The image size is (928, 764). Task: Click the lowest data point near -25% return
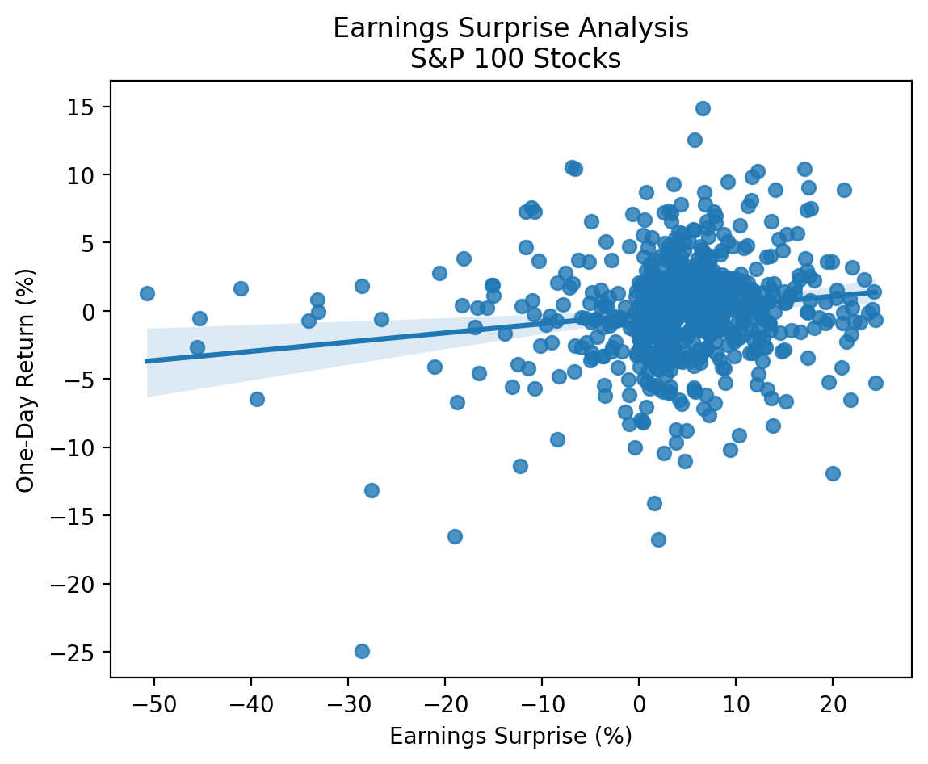tap(362, 651)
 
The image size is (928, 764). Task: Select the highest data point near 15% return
tap(703, 108)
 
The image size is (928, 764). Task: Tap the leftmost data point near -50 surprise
tap(147, 293)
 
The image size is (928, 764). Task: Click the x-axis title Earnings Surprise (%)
tap(510, 737)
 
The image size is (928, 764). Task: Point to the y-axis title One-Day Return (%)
tap(26, 379)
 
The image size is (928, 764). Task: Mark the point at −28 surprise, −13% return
tap(372, 490)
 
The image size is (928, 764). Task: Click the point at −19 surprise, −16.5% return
tap(455, 536)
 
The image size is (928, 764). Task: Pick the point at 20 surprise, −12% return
tap(833, 473)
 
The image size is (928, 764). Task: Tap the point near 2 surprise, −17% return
tap(658, 539)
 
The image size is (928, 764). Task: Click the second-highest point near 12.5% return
tap(695, 140)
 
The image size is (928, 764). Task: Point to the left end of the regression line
tap(147, 361)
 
